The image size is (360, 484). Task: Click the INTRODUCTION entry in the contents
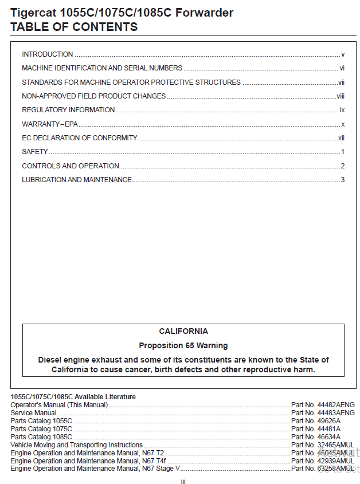coord(48,54)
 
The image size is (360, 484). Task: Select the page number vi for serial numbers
coord(342,68)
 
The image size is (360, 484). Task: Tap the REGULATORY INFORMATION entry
coord(68,110)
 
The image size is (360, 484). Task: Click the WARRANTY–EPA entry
coord(50,124)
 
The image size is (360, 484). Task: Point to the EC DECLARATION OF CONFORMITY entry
coord(79,138)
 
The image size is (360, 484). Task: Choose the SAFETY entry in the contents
coord(35,152)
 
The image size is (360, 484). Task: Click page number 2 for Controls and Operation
coord(342,166)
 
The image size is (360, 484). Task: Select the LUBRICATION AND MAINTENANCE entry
coord(77,180)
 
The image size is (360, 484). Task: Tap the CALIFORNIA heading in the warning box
coord(183,332)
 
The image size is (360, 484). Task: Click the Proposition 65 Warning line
coord(183,345)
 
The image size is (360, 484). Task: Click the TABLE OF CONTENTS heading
coord(74,27)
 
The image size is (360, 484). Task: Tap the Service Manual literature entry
coord(33,413)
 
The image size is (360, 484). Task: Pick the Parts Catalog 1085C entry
coord(41,437)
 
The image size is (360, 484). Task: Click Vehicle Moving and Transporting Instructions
coord(77,445)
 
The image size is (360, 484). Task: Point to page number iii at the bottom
coord(183,481)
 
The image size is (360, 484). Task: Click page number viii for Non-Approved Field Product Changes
coord(341,96)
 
